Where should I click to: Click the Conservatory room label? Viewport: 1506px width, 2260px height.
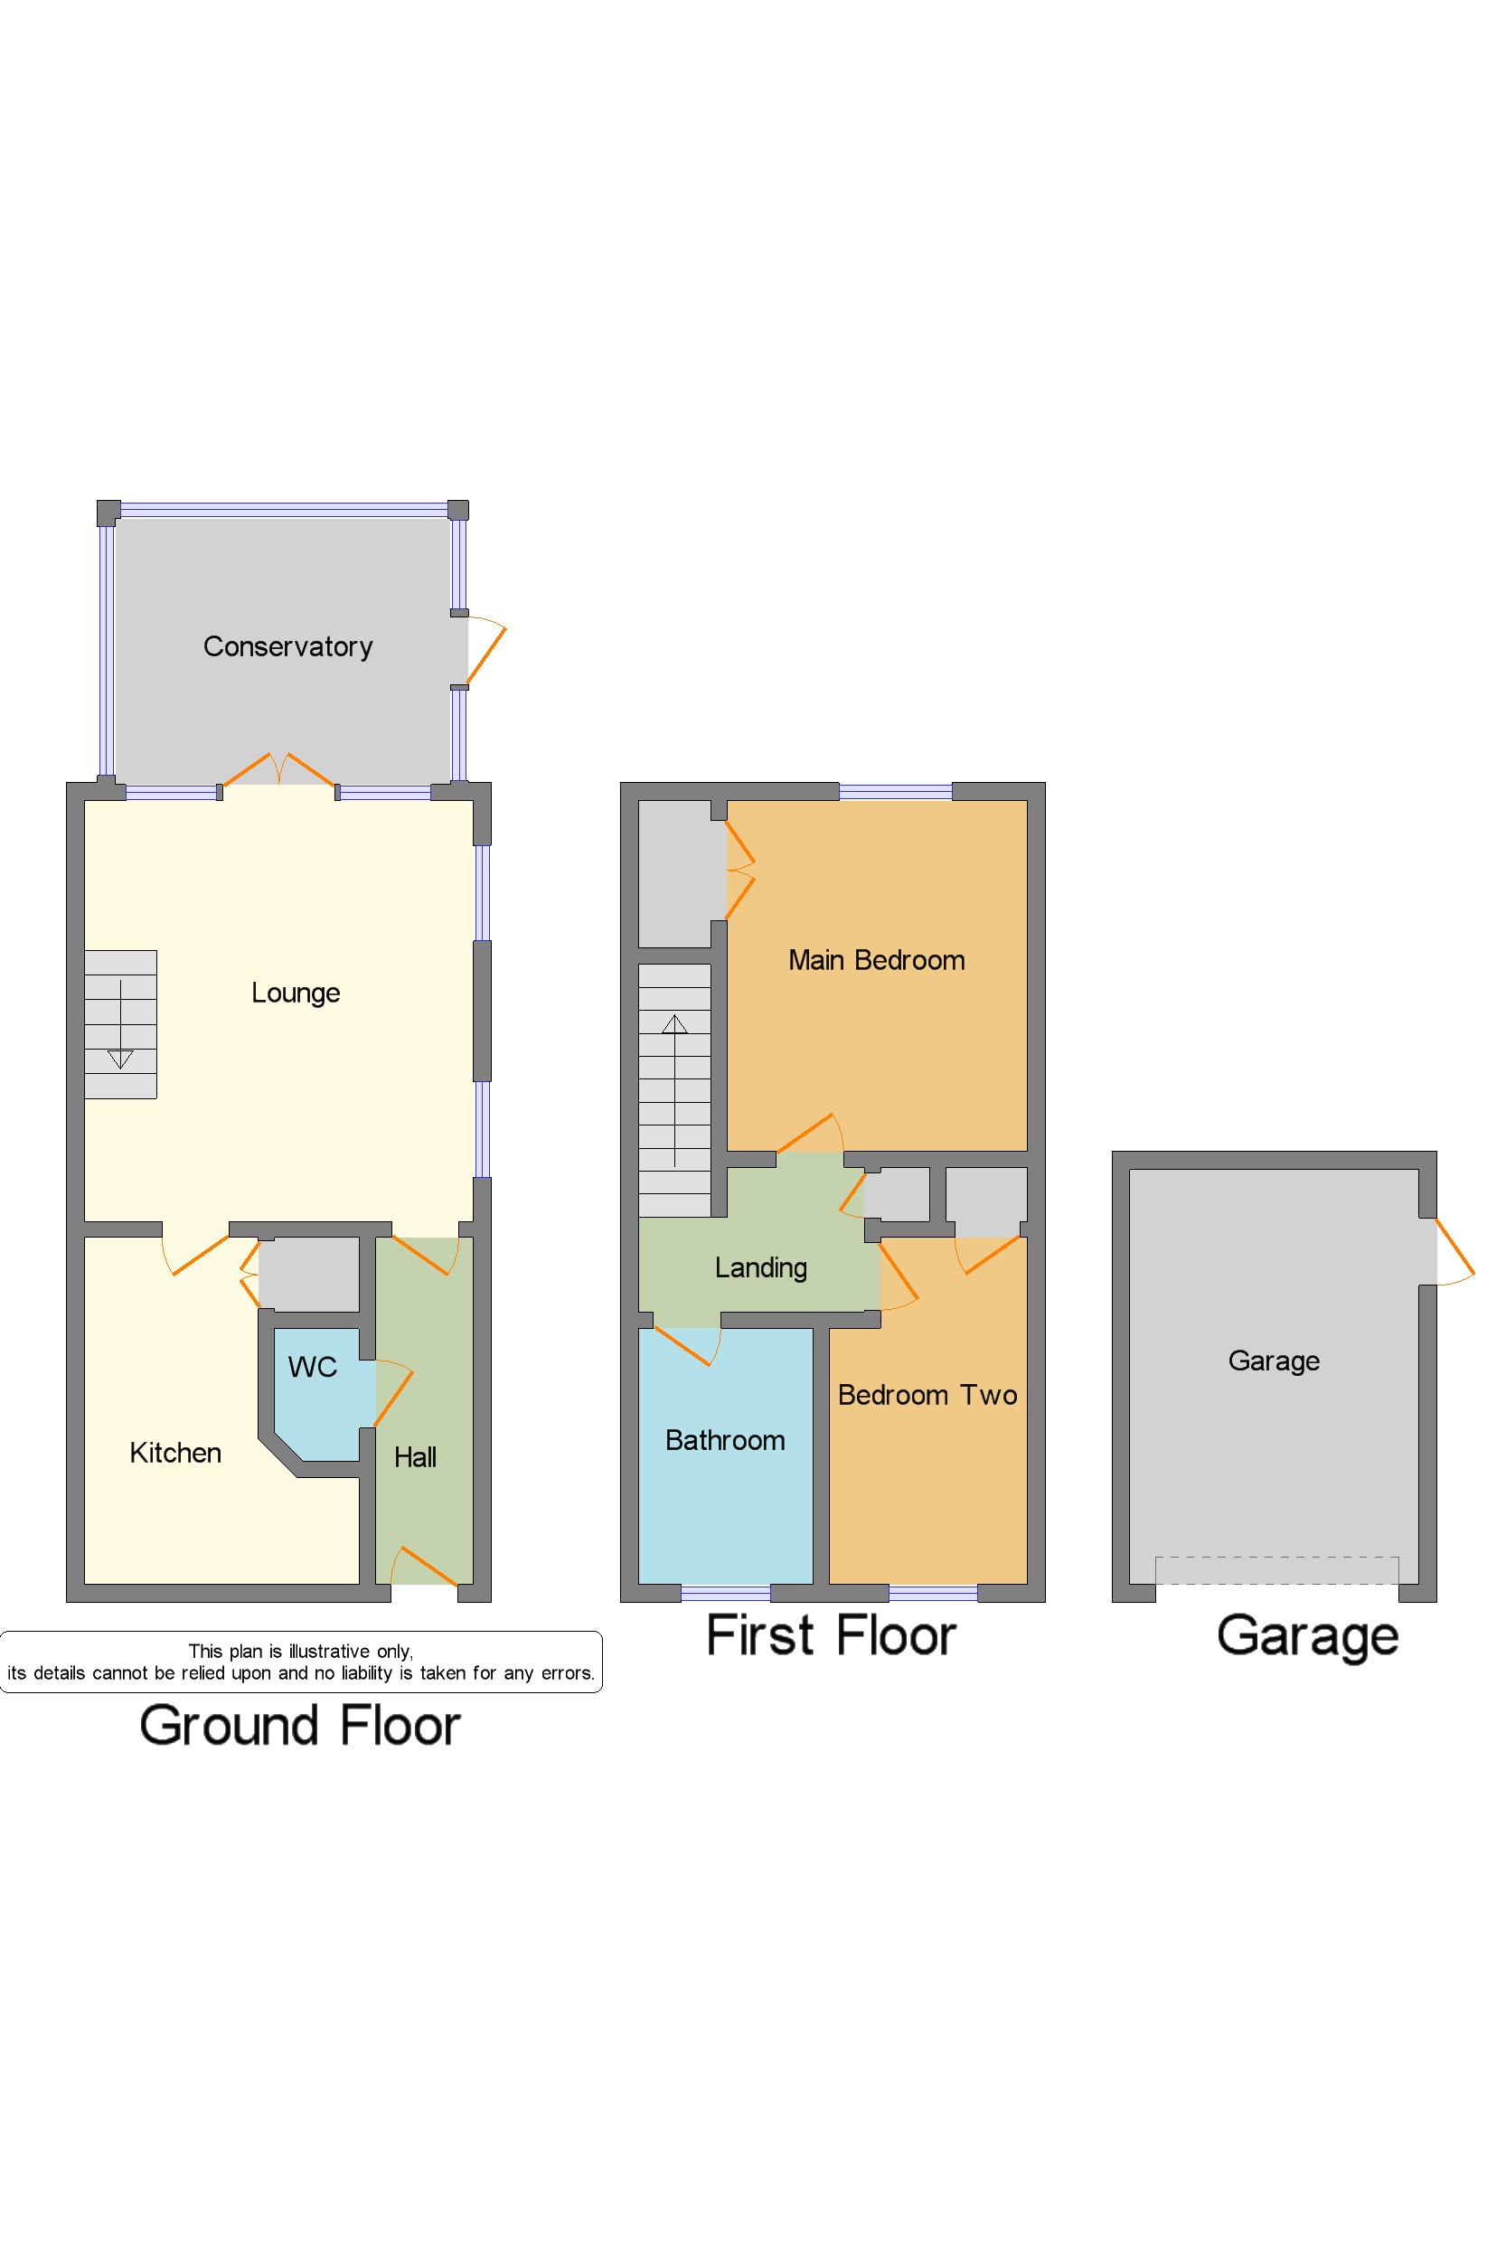pos(287,646)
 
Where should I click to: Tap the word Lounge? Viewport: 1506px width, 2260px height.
pos(295,993)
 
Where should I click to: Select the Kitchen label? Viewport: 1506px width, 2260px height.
pos(174,1452)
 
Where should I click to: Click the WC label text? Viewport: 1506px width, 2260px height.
pos(312,1367)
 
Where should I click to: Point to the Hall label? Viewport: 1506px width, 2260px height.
pos(415,1457)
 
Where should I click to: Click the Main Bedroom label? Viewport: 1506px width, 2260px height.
pos(876,959)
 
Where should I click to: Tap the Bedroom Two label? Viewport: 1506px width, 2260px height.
pos(927,1395)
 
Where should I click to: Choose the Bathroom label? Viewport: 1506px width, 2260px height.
pos(724,1440)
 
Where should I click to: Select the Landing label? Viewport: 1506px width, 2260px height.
pos(761,1267)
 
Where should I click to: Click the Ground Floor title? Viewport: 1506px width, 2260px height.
pos(300,1725)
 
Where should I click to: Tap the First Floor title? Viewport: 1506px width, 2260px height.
pos(831,1634)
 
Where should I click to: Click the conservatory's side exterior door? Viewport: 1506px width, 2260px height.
pos(485,650)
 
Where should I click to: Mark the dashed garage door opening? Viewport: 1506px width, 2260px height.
pos(1275,1569)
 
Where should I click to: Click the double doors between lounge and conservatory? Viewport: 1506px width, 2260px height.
pos(278,770)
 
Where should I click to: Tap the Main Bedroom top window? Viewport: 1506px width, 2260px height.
pos(895,791)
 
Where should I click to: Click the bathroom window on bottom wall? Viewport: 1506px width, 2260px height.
pos(725,1594)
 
